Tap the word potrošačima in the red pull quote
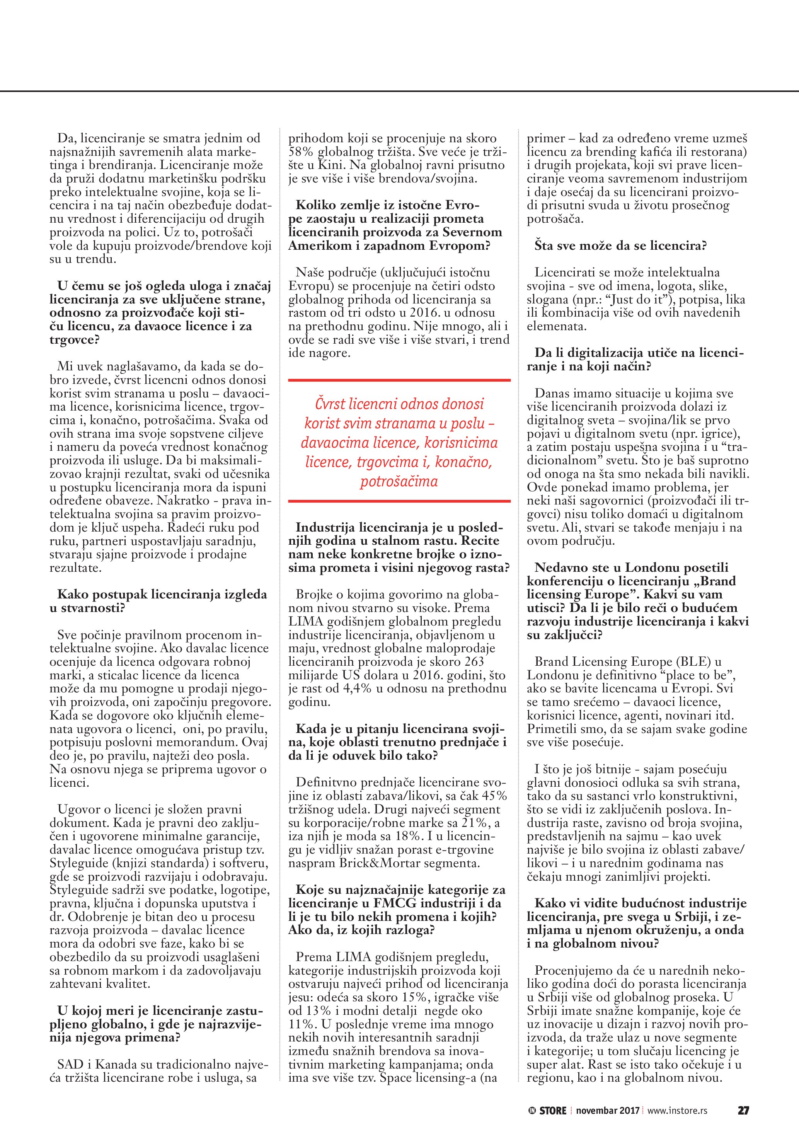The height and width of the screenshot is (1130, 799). pos(399,481)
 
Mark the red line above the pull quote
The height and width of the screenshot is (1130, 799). pos(399,380)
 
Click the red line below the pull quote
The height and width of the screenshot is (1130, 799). pos(399,501)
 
